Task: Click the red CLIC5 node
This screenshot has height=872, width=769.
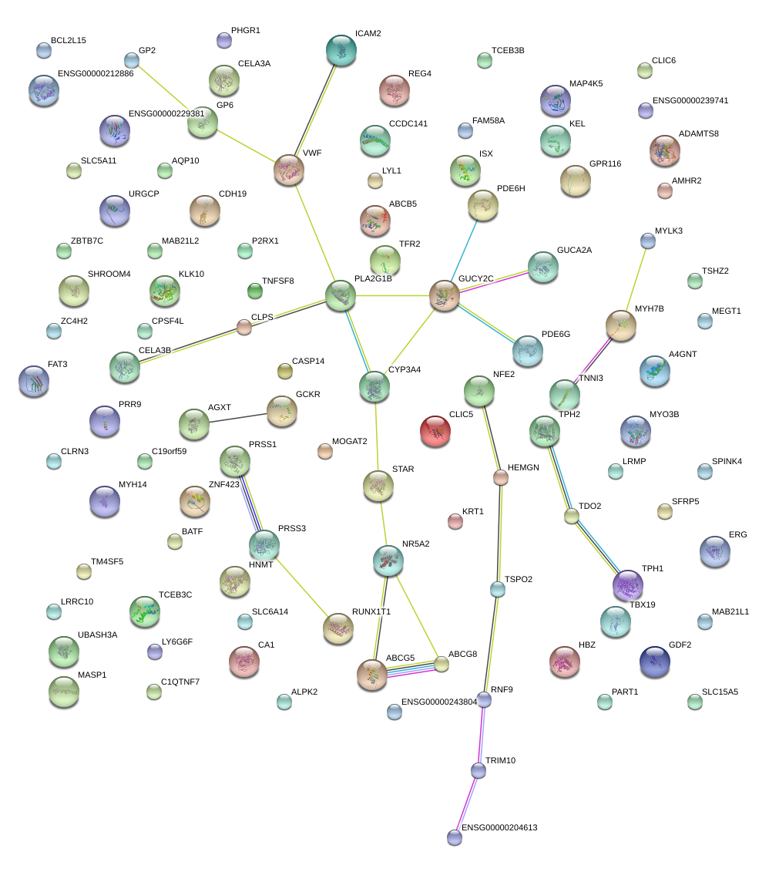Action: tap(435, 431)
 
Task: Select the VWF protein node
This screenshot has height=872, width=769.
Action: tap(289, 170)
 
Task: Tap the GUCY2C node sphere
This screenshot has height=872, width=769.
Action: tap(444, 295)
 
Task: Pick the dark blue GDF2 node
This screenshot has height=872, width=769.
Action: tap(655, 661)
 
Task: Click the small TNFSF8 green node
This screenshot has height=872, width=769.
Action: tap(254, 291)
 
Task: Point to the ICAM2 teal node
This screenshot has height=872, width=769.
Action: tap(341, 50)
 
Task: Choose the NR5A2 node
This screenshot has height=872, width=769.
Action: tap(388, 561)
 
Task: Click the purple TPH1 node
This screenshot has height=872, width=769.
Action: tap(627, 584)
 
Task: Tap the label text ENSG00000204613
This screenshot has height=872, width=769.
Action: tap(499, 827)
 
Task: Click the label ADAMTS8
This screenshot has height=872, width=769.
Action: tap(699, 133)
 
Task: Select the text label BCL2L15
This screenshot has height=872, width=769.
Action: tap(69, 40)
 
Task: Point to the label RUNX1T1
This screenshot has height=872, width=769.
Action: tap(371, 611)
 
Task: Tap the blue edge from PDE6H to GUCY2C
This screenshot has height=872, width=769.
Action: tap(463, 250)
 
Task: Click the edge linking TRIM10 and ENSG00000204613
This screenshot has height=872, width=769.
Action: tap(467, 803)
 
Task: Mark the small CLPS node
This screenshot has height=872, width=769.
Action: tap(244, 327)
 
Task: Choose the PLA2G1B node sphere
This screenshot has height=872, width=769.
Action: tap(341, 295)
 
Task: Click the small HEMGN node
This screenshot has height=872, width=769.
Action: tap(501, 478)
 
